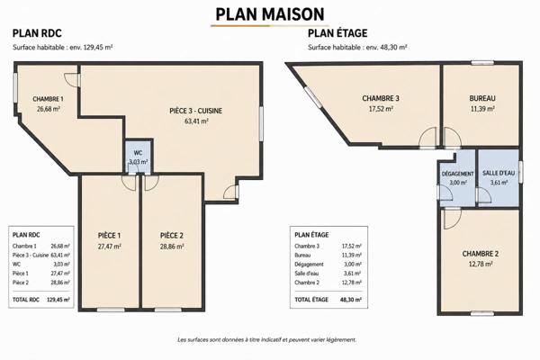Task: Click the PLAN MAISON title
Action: [270, 14]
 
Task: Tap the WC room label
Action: [138, 153]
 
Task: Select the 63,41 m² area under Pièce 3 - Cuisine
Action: [196, 121]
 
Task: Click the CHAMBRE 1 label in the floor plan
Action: [48, 99]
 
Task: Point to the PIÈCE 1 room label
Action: [109, 236]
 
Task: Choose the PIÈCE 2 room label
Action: [172, 236]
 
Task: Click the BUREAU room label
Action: [482, 98]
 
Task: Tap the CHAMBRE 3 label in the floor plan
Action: [381, 98]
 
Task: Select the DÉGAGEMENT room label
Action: [458, 174]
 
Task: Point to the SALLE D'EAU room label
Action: [499, 173]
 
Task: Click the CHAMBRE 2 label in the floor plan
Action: [480, 254]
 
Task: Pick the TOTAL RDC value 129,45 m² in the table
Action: [58, 300]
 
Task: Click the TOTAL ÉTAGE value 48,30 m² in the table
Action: [351, 300]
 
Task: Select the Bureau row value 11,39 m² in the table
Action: [351, 256]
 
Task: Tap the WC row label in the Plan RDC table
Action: [16, 265]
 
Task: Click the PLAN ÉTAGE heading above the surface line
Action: [337, 33]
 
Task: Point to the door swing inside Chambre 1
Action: [71, 79]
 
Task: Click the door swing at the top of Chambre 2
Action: [452, 220]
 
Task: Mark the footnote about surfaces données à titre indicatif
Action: [267, 339]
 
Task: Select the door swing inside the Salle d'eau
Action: [484, 197]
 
